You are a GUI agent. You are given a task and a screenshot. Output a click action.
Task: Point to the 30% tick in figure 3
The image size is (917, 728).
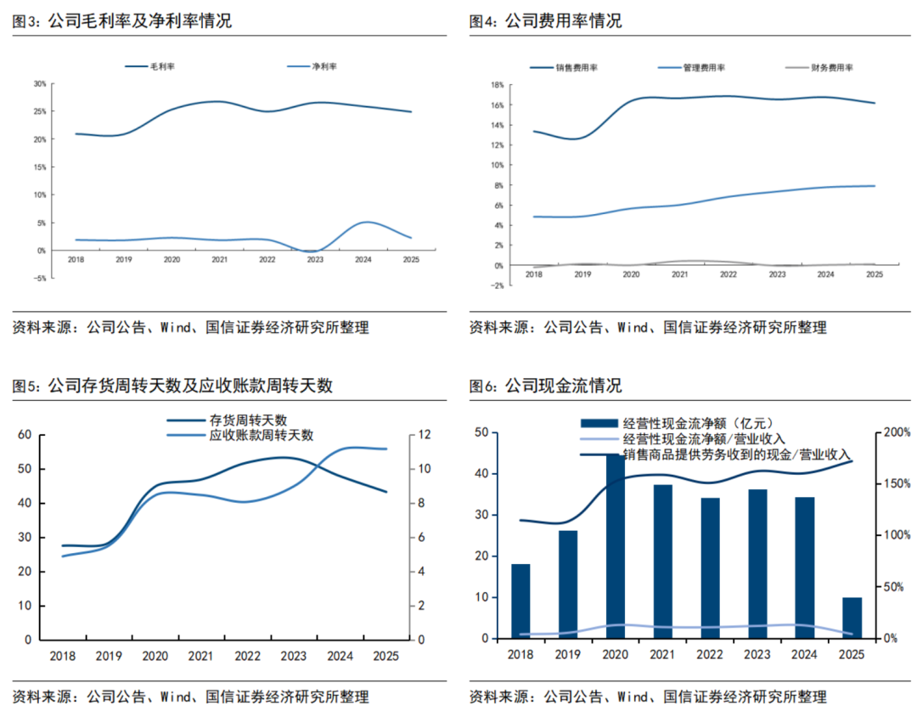point(40,84)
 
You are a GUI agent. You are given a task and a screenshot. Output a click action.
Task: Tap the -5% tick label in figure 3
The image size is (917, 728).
point(39,278)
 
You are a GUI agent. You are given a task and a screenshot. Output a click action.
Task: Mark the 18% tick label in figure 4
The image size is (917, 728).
point(498,85)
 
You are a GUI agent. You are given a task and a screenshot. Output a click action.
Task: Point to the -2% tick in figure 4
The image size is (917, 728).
point(497,285)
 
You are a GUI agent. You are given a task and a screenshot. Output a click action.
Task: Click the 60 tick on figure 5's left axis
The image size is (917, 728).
point(25,435)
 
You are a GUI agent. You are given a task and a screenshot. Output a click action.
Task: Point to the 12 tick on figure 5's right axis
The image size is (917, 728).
point(424,435)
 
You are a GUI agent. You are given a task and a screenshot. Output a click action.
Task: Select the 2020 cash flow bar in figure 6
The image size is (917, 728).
point(616,546)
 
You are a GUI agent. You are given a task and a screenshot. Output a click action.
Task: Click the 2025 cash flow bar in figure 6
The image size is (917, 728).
point(852,618)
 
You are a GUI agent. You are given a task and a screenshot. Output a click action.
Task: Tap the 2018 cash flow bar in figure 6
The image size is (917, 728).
point(520,601)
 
